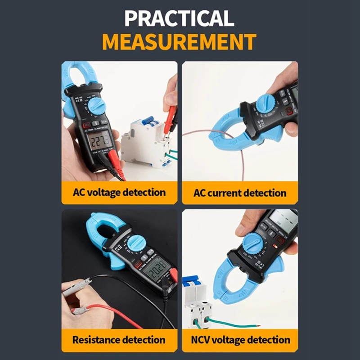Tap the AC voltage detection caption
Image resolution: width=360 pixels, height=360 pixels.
[x=119, y=193]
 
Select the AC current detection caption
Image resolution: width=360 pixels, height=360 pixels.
[x=240, y=193]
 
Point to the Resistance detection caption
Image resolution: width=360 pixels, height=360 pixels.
[x=119, y=340]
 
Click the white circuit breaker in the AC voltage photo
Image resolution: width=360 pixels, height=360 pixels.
[x=144, y=142]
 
